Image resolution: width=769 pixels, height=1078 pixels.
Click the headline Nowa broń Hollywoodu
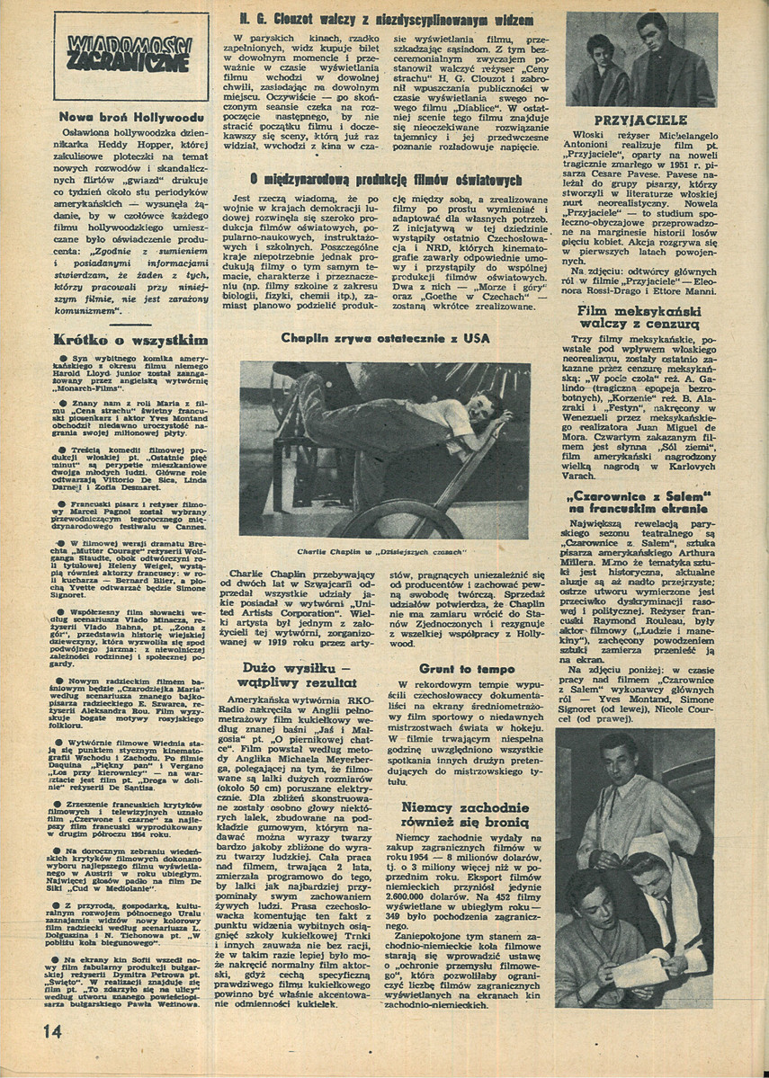130,116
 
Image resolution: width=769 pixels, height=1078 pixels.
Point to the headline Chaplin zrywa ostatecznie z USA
384,339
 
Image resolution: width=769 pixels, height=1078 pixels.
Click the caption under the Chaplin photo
385,550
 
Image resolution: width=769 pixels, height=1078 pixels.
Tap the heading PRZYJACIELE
641,120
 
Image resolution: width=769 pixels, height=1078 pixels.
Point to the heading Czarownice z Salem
641,503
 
